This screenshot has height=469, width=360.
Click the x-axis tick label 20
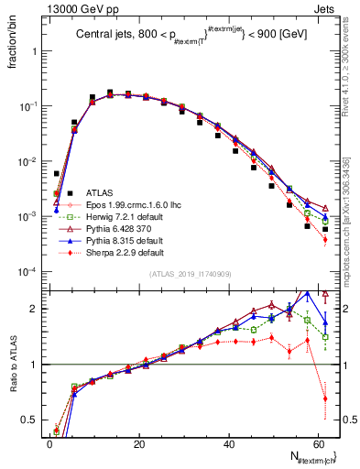coord(138,444)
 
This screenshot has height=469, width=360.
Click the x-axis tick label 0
coord(49,444)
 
